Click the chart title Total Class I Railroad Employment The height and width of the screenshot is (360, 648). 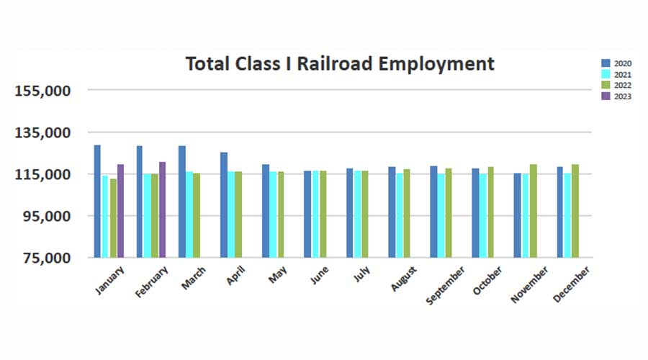340,63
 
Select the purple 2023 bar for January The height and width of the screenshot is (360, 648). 120,210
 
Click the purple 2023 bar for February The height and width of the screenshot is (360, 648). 162,210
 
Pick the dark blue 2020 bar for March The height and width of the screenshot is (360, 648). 182,202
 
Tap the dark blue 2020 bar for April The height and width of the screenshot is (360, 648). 224,204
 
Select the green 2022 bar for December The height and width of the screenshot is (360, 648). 575,210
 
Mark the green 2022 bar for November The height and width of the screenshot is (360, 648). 533,210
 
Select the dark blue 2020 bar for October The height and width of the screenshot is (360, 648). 475,212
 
